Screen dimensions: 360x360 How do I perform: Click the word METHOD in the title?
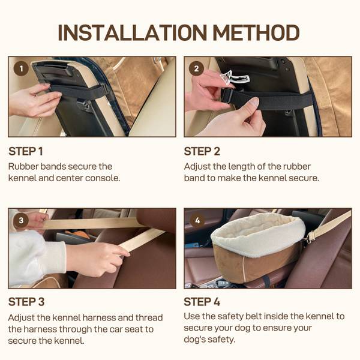coord(256,33)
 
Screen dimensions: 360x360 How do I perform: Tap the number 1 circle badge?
coord(21,68)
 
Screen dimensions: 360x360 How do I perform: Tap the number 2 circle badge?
coord(196,68)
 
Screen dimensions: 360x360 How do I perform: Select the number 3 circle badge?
coord(21,220)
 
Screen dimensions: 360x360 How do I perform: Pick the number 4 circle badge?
coord(197,220)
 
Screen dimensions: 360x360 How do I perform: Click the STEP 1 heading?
coord(26,152)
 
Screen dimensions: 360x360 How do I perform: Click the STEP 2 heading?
coord(202,152)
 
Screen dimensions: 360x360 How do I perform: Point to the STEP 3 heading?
coord(26,302)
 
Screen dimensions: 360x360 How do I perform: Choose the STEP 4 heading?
coord(202,302)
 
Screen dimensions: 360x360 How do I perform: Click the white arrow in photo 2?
coord(234,78)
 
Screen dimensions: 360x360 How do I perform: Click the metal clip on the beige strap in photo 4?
coord(310,238)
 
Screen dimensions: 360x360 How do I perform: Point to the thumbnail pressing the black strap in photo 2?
coord(254,101)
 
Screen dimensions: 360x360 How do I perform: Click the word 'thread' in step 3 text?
coord(149,318)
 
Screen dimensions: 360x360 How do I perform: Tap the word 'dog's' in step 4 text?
coord(194,340)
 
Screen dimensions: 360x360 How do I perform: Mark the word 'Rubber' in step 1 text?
coord(23,167)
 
